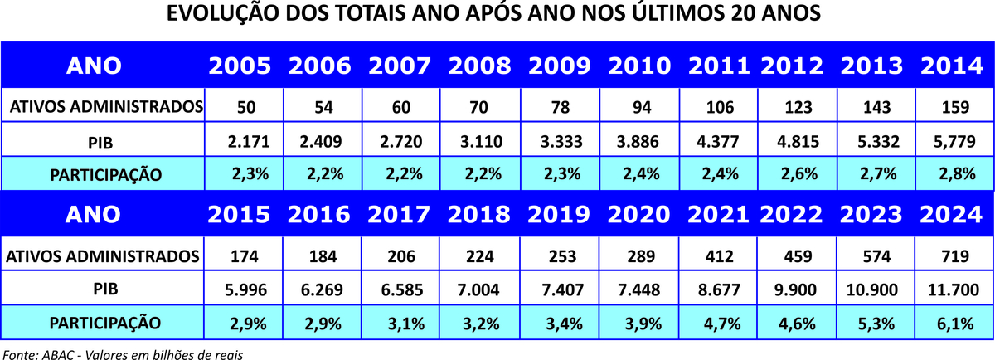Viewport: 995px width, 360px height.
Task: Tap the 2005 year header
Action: click(240, 66)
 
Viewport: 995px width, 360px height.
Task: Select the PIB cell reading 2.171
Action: click(240, 142)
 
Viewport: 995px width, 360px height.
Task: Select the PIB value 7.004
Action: click(478, 289)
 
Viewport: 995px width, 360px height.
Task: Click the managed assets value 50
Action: click(240, 107)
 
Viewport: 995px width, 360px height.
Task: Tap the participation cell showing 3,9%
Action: click(639, 323)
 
